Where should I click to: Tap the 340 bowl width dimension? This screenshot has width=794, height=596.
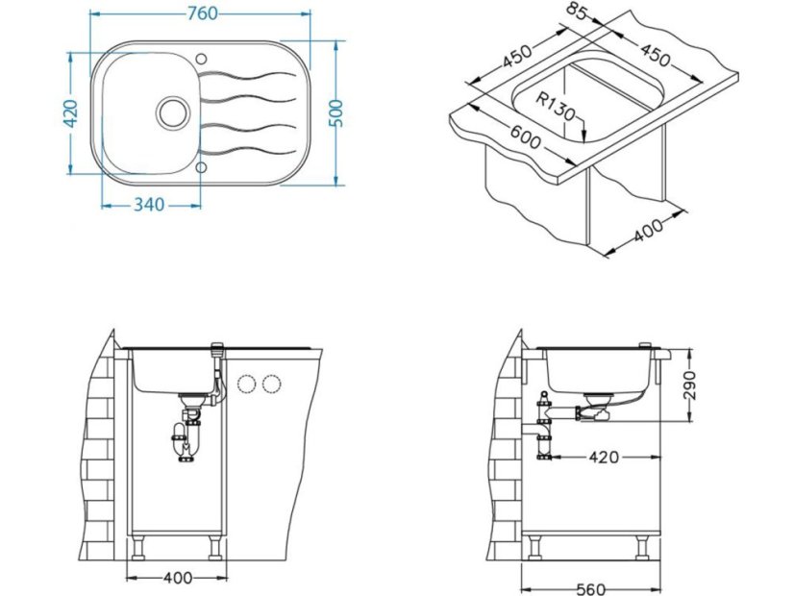(148, 204)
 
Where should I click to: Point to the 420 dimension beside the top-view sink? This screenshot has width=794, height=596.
(68, 114)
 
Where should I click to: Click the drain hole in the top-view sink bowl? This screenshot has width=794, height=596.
(173, 110)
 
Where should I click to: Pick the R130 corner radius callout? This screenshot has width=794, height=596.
(556, 105)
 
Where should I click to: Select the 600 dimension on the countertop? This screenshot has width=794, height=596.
(526, 139)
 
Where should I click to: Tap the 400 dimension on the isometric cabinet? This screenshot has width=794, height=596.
(651, 229)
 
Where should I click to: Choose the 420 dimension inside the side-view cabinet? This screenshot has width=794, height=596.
(604, 457)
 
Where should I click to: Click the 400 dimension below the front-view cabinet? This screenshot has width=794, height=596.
(177, 578)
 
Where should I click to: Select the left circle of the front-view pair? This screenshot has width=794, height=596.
(246, 385)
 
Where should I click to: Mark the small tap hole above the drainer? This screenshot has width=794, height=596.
(202, 56)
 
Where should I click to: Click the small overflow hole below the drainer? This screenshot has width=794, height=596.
(202, 167)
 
